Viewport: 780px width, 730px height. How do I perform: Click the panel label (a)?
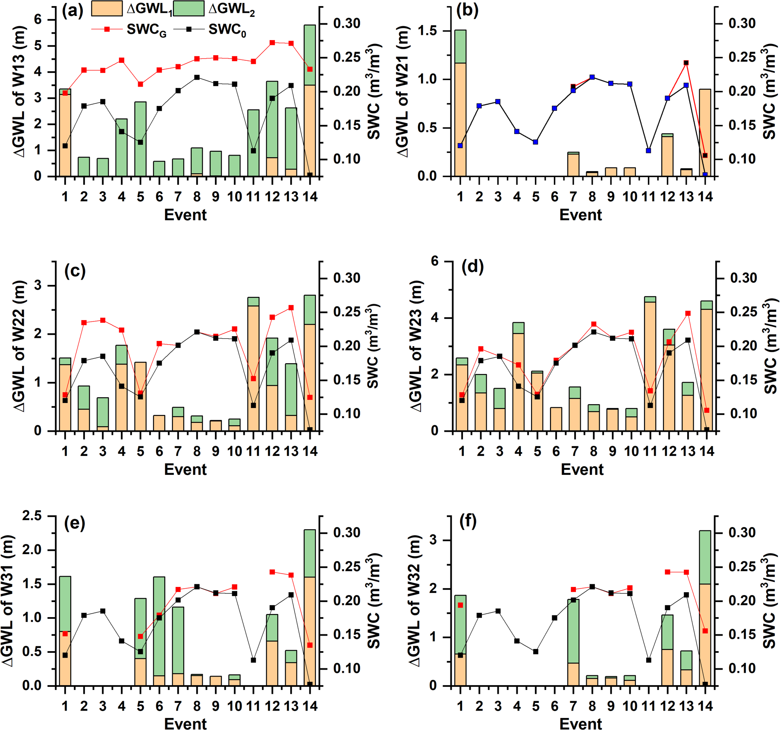pyautogui.click(x=72, y=10)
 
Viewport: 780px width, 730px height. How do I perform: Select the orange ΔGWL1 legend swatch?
pyautogui.click(x=107, y=9)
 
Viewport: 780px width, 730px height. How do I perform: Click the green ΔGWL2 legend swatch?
pyautogui.click(x=189, y=9)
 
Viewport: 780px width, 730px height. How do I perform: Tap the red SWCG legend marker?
pyautogui.click(x=107, y=29)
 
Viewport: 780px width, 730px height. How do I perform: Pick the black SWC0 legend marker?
pyautogui.click(x=189, y=29)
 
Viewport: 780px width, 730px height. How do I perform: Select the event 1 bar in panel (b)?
pyautogui.click(x=460, y=103)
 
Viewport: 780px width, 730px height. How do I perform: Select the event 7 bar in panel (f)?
pyautogui.click(x=573, y=642)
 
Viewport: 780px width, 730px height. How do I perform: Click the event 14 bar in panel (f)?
pyautogui.click(x=705, y=608)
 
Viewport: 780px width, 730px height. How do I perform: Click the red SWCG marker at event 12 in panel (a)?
pyautogui.click(x=272, y=43)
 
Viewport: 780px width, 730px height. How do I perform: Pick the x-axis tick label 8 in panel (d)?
pyautogui.click(x=594, y=451)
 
